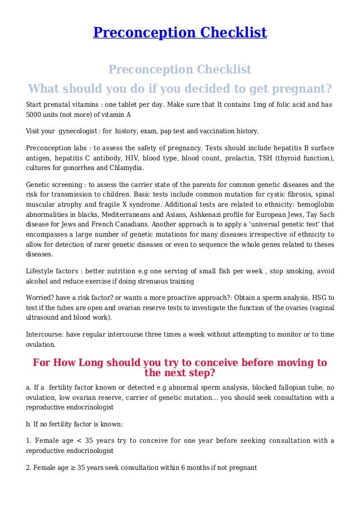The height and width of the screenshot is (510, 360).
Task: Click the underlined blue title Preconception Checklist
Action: coord(179,33)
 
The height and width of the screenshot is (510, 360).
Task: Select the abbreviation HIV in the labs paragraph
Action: coord(144,157)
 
